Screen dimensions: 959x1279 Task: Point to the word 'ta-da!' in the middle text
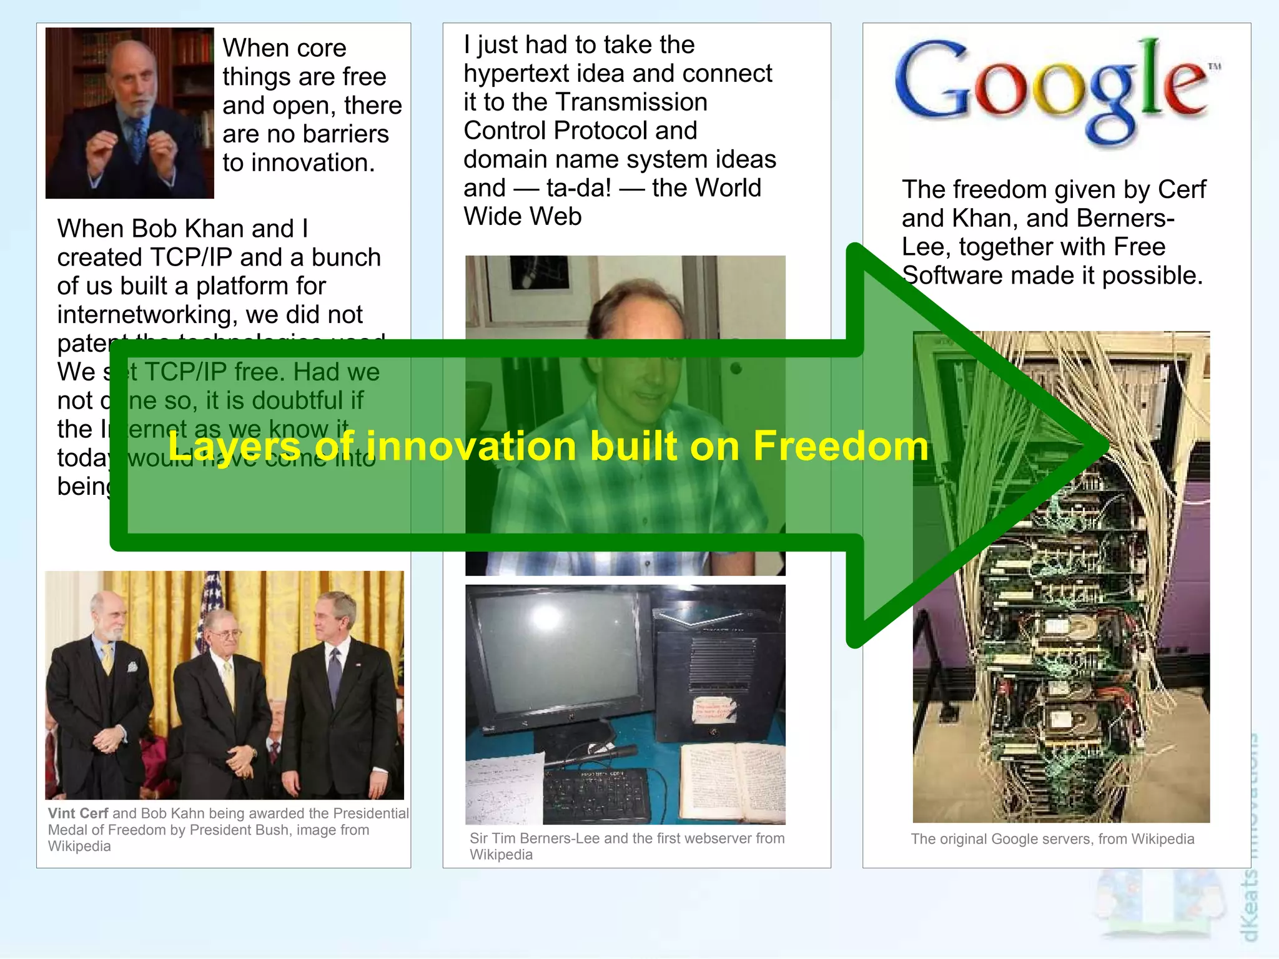click(578, 188)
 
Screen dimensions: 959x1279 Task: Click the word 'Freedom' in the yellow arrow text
click(841, 446)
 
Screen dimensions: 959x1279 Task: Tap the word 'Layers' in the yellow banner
click(235, 447)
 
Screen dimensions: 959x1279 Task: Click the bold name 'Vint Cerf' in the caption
click(78, 813)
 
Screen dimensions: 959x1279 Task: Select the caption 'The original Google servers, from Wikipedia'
click(1052, 839)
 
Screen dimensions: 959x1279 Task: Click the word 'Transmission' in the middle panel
click(631, 102)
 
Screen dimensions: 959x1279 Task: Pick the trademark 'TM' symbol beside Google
click(1214, 66)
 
